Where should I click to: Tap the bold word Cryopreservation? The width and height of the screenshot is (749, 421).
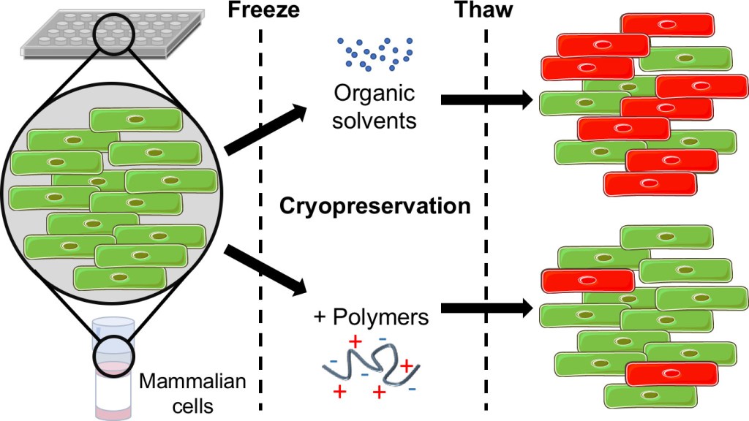[374, 206]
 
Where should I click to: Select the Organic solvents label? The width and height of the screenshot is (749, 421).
[374, 107]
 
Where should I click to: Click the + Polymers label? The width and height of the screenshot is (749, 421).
[371, 317]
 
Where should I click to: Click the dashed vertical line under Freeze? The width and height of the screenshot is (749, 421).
[261, 219]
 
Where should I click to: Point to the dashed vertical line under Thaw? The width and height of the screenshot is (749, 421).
[486, 219]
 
